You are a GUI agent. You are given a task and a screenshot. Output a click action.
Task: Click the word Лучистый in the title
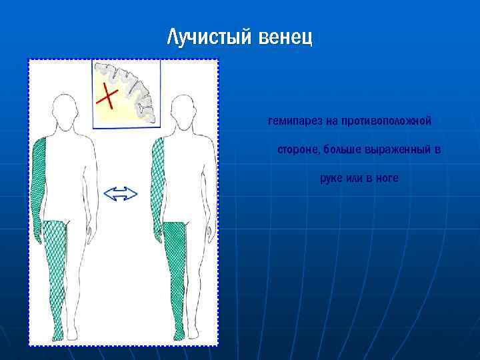209,37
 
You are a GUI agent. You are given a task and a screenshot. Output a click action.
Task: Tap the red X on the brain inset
107,96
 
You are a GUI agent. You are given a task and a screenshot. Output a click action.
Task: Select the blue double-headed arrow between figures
121,194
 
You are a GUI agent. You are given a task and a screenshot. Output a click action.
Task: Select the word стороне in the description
298,150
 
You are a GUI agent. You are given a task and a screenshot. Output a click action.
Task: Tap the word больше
342,150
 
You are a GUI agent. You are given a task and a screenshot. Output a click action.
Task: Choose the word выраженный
403,150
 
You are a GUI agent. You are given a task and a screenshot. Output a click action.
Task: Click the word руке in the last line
331,179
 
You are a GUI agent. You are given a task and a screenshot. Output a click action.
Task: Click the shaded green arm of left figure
37,187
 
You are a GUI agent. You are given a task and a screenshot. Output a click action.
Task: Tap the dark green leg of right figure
174,273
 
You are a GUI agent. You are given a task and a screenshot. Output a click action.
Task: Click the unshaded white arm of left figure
91,187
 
